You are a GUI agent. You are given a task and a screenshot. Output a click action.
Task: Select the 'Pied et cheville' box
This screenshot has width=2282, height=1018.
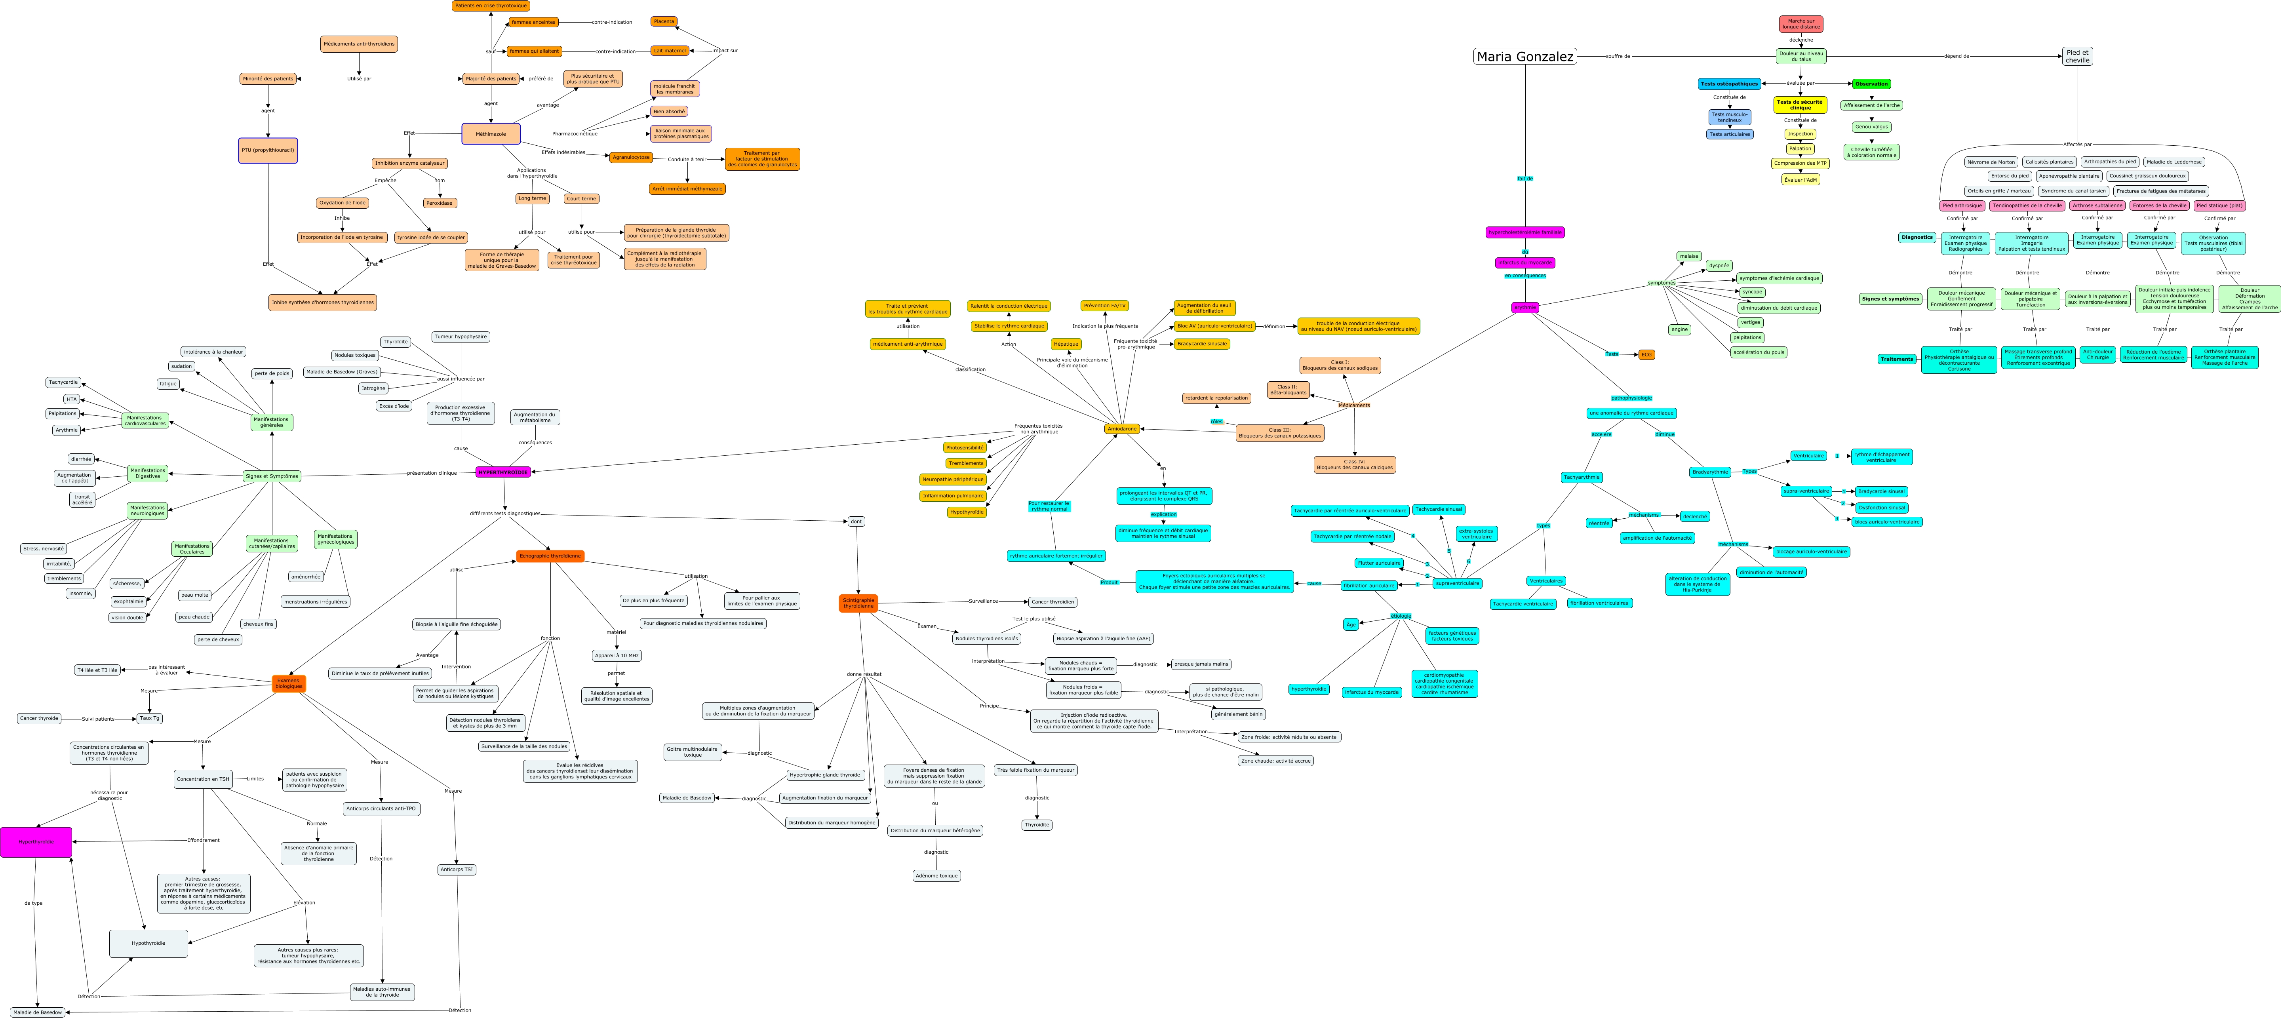pos(2077,56)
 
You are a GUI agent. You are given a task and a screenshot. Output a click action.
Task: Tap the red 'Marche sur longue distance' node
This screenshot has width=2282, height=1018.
pos(1801,24)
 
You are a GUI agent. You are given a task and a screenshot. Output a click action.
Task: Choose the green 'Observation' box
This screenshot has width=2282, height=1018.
pos(1871,84)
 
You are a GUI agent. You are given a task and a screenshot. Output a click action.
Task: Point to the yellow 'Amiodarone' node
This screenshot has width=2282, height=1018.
pos(1121,429)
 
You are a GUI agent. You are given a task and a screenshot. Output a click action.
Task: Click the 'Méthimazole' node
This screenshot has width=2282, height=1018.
pos(491,134)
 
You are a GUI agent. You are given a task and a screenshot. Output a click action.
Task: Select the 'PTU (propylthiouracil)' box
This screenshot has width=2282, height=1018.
pos(268,150)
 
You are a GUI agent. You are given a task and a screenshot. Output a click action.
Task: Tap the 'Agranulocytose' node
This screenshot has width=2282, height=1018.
pos(631,158)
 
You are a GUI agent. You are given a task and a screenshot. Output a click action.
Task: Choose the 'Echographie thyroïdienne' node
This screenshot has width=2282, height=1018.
pos(550,556)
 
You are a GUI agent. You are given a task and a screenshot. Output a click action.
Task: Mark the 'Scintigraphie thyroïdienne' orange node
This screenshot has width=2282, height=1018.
pos(858,603)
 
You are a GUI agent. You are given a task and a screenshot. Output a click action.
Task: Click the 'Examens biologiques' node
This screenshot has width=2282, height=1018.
pos(289,683)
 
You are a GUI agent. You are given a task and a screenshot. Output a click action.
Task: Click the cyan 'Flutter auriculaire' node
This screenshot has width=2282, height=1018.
pos(1378,563)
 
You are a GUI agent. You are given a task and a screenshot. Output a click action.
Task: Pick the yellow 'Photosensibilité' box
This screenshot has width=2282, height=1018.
pos(965,447)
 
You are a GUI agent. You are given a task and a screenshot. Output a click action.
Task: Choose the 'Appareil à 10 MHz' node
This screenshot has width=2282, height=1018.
pos(617,656)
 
